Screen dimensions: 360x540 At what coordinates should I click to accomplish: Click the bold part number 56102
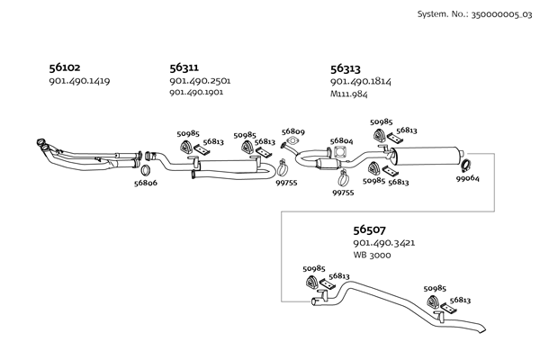pos(65,67)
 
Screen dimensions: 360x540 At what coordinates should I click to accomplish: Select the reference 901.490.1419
pos(79,81)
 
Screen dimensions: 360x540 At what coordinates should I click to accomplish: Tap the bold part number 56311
pos(185,67)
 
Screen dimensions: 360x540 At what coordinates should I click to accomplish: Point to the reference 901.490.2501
pos(200,81)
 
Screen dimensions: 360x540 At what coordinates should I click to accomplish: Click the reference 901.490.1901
pos(199,92)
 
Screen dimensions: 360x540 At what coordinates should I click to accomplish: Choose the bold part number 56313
pos(346,67)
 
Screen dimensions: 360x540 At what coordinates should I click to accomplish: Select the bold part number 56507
pos(369,230)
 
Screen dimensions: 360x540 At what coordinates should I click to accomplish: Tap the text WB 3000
pos(373,255)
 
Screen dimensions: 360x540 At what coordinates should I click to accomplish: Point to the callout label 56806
pos(146,183)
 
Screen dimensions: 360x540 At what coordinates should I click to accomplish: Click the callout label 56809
pos(292,131)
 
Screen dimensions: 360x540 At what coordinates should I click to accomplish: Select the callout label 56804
pos(341,141)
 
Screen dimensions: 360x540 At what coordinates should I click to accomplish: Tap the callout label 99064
pos(467,178)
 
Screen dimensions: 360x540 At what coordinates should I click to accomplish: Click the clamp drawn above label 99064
pos(467,164)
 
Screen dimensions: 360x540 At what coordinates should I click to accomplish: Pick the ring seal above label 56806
pos(146,169)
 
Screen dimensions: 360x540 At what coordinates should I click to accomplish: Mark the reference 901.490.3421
pos(383,243)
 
